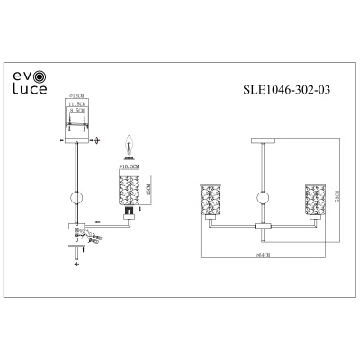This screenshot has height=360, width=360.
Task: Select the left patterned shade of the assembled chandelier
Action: coord(208,199)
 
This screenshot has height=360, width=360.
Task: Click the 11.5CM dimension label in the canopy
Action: coord(78,106)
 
